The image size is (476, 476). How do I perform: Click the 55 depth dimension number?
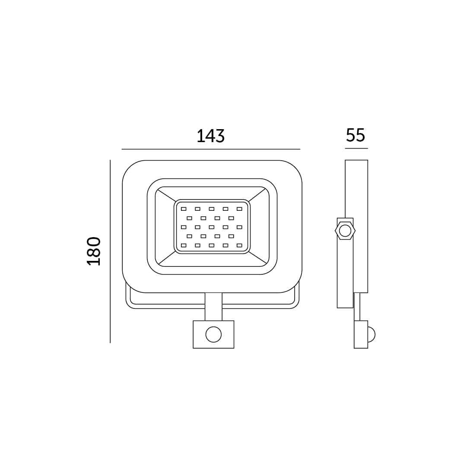pyautogui.click(x=355, y=135)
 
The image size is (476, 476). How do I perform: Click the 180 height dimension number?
pyautogui.click(x=94, y=251)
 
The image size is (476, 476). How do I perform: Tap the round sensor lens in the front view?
pyautogui.click(x=213, y=334)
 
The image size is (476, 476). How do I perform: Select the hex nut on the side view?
pyautogui.click(x=345, y=231)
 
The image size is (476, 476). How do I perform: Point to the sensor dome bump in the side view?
pyautogui.click(x=371, y=334)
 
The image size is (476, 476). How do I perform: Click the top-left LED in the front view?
pyautogui.click(x=184, y=209)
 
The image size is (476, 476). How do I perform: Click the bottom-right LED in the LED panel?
pyautogui.click(x=240, y=245)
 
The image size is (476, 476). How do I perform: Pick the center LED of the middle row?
pyautogui.click(x=212, y=227)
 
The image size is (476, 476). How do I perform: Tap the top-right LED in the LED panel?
pyautogui.click(x=240, y=209)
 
